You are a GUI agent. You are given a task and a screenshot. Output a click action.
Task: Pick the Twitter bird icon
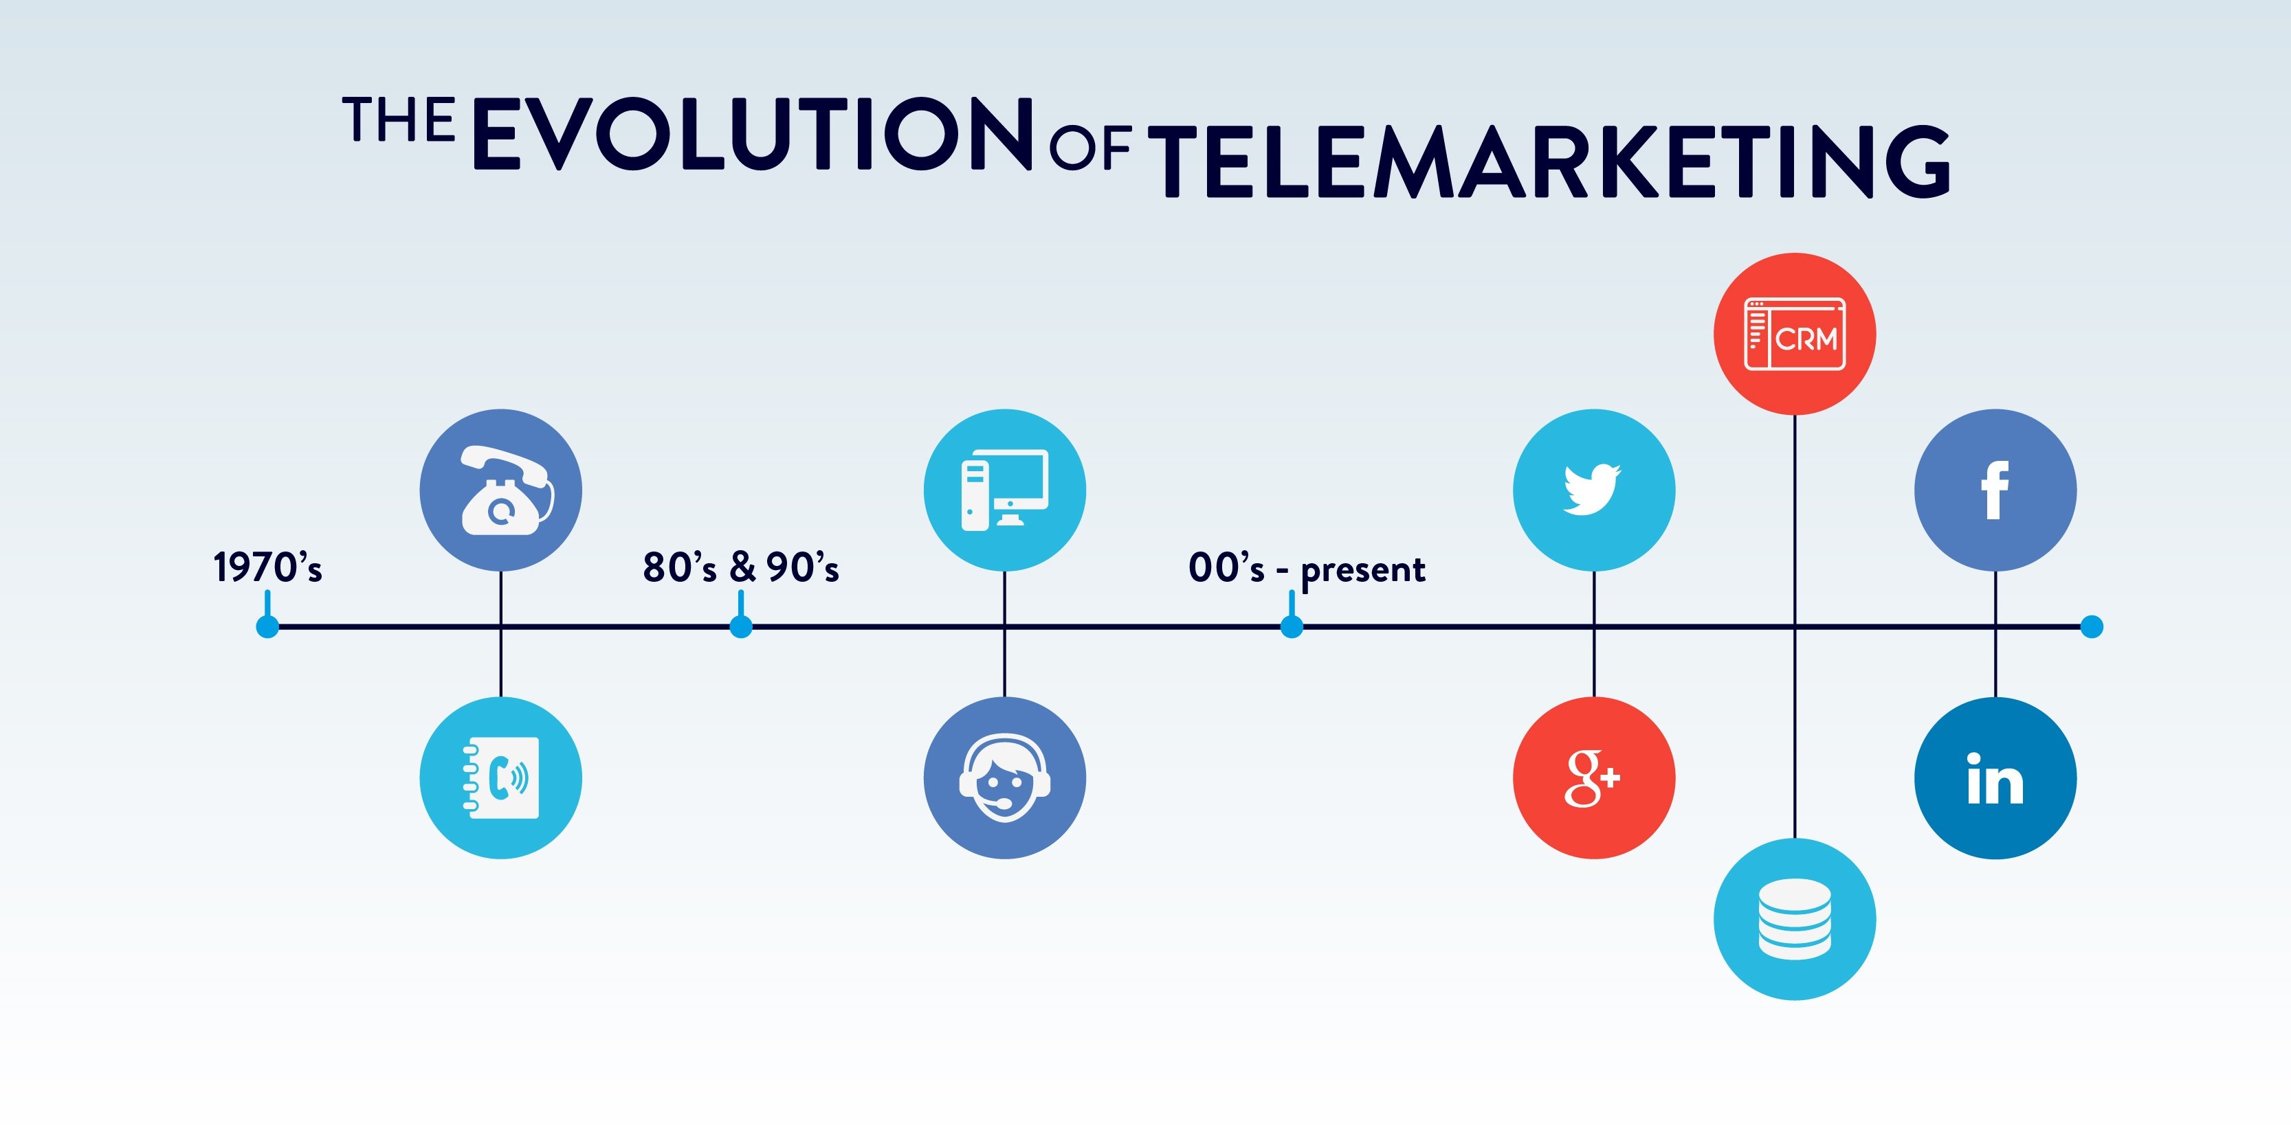pyautogui.click(x=1593, y=489)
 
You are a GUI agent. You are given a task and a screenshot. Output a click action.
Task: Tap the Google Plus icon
pyautogui.click(x=1593, y=778)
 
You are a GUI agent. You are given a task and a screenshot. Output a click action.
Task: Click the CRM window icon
pyautogui.click(x=1795, y=335)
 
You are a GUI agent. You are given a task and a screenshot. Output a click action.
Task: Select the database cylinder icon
pyautogui.click(x=1795, y=918)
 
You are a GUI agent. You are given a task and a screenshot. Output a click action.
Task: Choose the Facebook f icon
pyautogui.click(x=1995, y=490)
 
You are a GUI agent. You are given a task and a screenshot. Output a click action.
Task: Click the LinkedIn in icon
pyautogui.click(x=1995, y=780)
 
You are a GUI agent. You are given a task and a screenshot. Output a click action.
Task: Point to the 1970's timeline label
pyautogui.click(x=267, y=567)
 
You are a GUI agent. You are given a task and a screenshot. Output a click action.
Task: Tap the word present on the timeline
pyautogui.click(x=1362, y=571)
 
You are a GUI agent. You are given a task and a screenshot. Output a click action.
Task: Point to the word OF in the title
pyautogui.click(x=1089, y=148)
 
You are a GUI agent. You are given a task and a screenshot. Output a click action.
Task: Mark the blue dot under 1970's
pyautogui.click(x=267, y=626)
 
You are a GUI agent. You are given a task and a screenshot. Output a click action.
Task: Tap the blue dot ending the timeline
pyautogui.click(x=2092, y=626)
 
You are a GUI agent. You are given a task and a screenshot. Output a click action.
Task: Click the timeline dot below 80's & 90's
pyautogui.click(x=741, y=626)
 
